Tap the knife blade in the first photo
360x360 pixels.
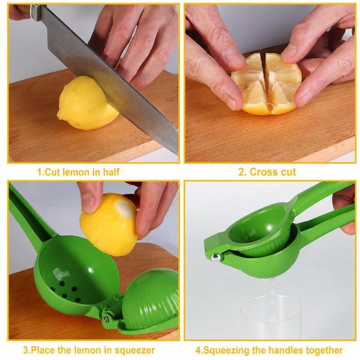pyautogui.click(x=108, y=76)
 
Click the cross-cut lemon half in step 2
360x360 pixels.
pyautogui.click(x=266, y=84)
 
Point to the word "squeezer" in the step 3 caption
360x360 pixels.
pyautogui.click(x=135, y=350)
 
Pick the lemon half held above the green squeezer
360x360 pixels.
pyautogui.click(x=109, y=225)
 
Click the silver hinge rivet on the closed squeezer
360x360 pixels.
pyautogui.click(x=215, y=258)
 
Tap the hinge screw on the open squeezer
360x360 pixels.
pyautogui.click(x=106, y=319)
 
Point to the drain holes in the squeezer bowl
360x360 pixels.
pyautogui.click(x=67, y=291)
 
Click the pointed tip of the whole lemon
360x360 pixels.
pyautogui.click(x=59, y=115)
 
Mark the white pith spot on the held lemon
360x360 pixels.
pyautogui.click(x=125, y=207)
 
